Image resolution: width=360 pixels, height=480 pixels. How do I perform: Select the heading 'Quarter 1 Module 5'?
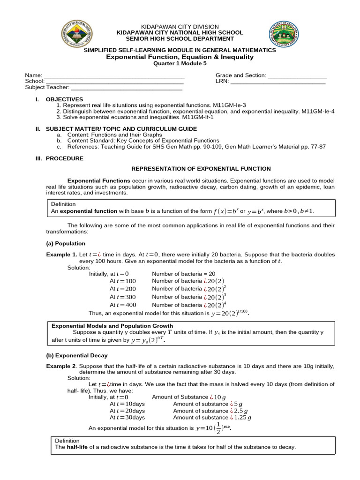point(180,64)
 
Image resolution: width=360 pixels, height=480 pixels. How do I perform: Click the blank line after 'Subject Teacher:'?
point(127,88)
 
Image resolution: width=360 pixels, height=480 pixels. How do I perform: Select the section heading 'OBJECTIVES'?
point(64,99)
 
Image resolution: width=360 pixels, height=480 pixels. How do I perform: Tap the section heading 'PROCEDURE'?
point(65,158)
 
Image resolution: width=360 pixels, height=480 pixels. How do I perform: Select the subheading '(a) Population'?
point(66,243)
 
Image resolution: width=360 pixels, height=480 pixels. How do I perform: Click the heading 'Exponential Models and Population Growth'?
point(112,326)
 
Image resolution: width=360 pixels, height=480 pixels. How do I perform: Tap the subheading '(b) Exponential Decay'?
point(76,355)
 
